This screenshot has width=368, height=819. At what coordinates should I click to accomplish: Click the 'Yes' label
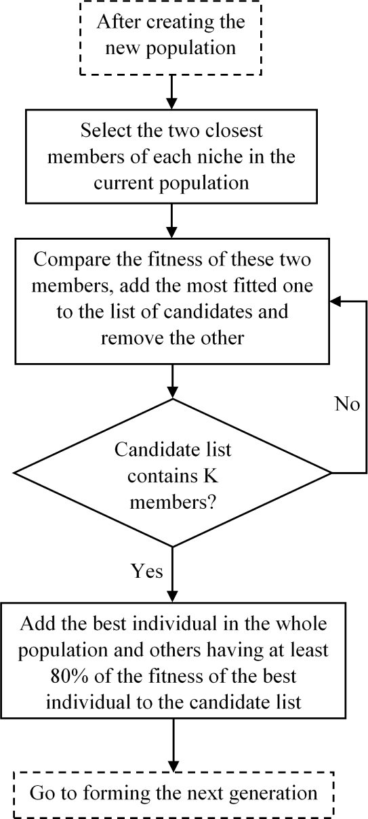(x=146, y=571)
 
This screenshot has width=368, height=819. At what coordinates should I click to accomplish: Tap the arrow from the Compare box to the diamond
(x=174, y=381)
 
